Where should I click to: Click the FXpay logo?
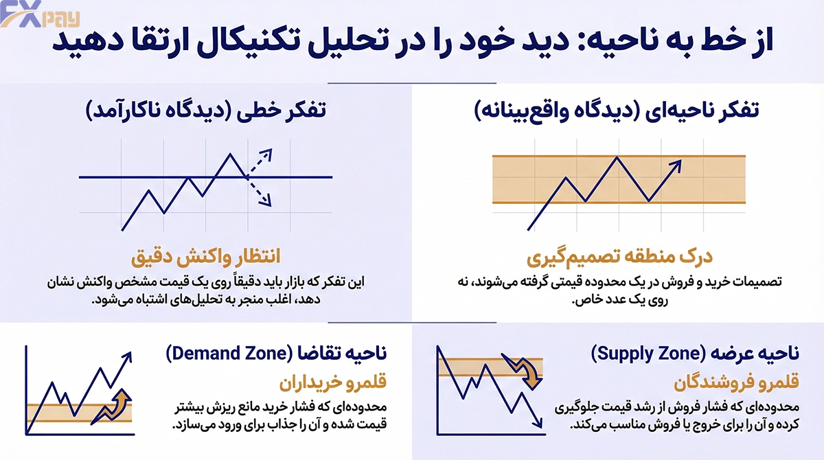coord(40,14)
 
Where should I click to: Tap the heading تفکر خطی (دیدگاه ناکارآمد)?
coord(205,111)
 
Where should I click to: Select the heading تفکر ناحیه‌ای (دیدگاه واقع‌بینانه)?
coord(617,111)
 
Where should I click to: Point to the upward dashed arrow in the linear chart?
coord(260,163)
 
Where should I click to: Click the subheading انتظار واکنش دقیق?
coord(205,256)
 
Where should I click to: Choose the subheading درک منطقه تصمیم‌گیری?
coord(619,257)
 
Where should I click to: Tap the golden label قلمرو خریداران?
coord(333,382)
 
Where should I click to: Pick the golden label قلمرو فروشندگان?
coord(736,382)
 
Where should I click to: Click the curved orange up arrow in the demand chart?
coord(112,406)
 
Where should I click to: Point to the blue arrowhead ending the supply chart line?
coord(538,422)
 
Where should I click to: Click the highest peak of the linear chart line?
coord(230,154)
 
